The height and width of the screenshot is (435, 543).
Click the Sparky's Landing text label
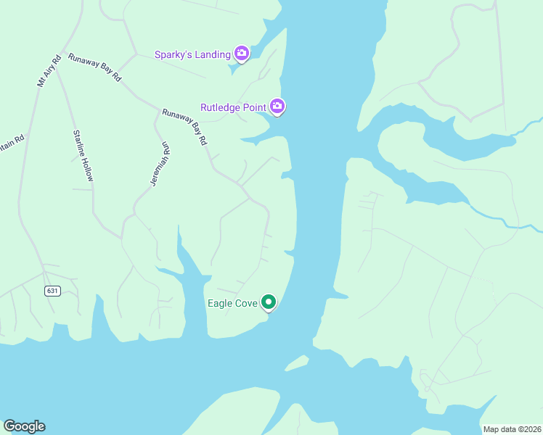click(x=192, y=54)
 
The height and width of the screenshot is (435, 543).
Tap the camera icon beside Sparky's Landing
click(x=242, y=54)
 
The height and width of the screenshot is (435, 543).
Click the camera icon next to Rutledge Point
click(x=277, y=107)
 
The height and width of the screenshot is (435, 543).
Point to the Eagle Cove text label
click(x=232, y=303)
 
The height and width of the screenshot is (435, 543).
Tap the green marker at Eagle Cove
click(x=269, y=302)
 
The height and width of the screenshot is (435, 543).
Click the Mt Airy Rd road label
click(x=47, y=70)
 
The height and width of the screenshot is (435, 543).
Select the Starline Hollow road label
click(x=83, y=155)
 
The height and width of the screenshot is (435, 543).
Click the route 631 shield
click(x=52, y=291)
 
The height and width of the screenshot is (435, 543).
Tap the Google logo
click(x=24, y=426)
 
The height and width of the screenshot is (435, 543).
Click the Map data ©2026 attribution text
click(x=512, y=429)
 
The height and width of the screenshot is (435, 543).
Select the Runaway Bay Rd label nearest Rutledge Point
click(x=185, y=127)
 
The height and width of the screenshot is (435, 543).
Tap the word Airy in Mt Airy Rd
click(x=48, y=69)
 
